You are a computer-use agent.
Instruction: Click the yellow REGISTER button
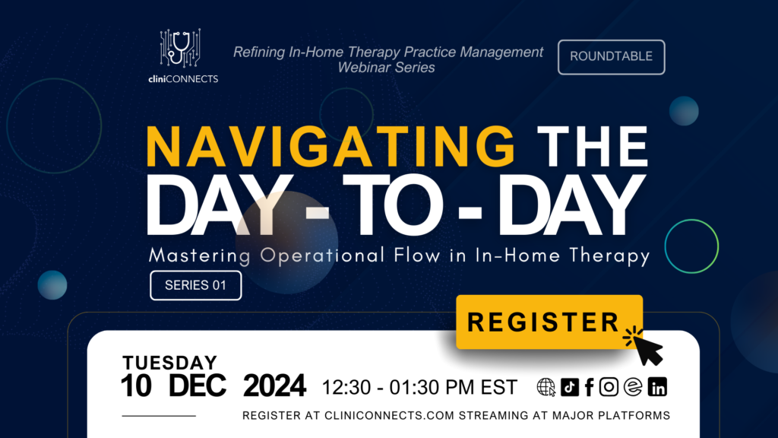coord(549,322)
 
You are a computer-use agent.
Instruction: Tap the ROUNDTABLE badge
coord(612,57)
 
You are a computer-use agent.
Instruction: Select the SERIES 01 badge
coord(195,286)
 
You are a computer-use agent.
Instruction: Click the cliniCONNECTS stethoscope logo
coord(181,48)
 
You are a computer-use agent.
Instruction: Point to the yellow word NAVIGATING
coord(331,147)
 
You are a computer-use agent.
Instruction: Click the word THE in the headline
coord(593,147)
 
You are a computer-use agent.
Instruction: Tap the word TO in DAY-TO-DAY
coord(392,205)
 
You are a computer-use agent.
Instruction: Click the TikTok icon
coord(570,387)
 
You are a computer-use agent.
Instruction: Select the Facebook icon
coord(589,387)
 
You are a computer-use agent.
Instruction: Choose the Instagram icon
coord(609,387)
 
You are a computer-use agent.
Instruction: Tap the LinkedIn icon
coord(657,387)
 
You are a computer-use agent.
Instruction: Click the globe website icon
coord(546,387)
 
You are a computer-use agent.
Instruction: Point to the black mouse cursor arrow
coord(648,350)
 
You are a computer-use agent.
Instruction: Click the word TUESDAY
coord(169,363)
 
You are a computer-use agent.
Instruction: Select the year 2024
coord(274,386)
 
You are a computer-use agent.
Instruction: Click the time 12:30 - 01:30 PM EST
coord(419,387)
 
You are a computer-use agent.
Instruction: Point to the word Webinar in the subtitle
coord(364,68)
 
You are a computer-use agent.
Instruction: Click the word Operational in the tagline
coord(322,255)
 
